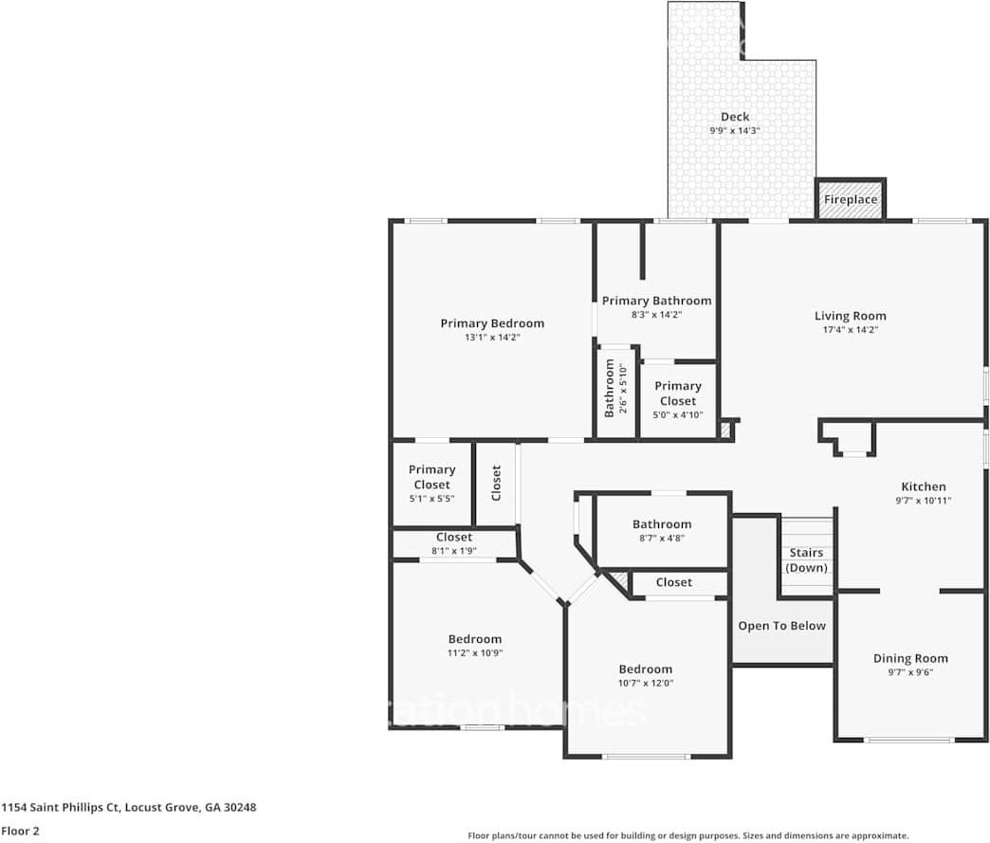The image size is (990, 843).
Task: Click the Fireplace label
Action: point(850,200)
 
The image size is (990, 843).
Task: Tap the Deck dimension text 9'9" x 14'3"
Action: point(734,131)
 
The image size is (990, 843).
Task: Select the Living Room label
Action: point(850,316)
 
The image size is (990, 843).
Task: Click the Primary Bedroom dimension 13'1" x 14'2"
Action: point(492,337)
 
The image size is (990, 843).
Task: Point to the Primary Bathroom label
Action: point(656,301)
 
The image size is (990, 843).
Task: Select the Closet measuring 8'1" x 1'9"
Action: point(453,542)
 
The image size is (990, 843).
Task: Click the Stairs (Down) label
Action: point(806,559)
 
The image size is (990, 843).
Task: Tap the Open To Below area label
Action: point(781,626)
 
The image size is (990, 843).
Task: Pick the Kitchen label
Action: point(923,486)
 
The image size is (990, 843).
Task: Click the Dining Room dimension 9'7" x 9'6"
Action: point(910,672)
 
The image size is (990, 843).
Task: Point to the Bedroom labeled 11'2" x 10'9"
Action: point(474,645)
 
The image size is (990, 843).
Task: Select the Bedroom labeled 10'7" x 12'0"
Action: point(645,675)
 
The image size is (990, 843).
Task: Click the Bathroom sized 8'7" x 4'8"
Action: point(662,530)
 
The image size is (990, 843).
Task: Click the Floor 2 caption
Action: point(20,831)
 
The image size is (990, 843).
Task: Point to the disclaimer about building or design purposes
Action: point(688,835)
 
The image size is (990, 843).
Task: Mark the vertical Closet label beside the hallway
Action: point(496,483)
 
